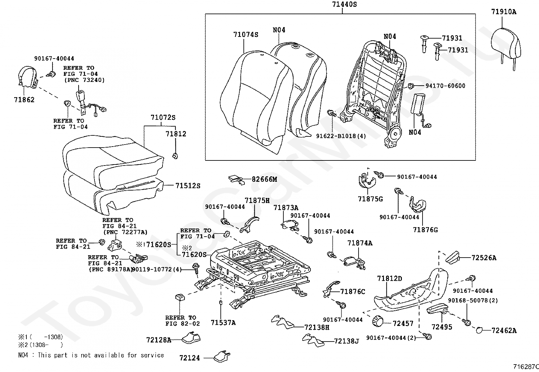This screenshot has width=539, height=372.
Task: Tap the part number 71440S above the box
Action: (x=342, y=4)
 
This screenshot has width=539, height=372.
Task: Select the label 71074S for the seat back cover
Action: (x=245, y=35)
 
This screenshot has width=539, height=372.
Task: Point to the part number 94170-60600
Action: (x=445, y=86)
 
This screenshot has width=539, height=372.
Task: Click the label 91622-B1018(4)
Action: (x=341, y=136)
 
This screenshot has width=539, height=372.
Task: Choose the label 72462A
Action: (x=504, y=331)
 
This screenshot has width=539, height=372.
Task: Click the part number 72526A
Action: (x=484, y=258)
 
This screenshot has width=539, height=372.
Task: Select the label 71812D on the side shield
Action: (x=389, y=279)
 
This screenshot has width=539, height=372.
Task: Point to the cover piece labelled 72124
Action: (x=222, y=355)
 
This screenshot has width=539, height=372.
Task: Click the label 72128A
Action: (x=158, y=340)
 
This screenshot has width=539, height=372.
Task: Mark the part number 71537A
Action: (x=223, y=323)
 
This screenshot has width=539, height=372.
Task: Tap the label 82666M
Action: (x=264, y=179)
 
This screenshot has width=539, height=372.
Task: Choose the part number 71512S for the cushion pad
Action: (x=188, y=186)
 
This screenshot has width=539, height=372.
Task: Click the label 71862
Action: (x=24, y=100)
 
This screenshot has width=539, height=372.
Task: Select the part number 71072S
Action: (x=163, y=118)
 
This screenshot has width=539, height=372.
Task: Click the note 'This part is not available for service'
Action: (x=101, y=355)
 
